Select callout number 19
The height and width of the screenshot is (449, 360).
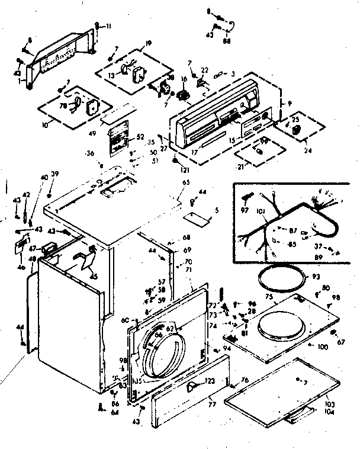pyautogui.click(x=148, y=43)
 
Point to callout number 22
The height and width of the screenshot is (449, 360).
pyautogui.click(x=205, y=70)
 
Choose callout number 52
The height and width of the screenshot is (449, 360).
pyautogui.click(x=140, y=136)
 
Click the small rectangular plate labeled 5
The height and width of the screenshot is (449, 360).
pyautogui.click(x=201, y=220)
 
